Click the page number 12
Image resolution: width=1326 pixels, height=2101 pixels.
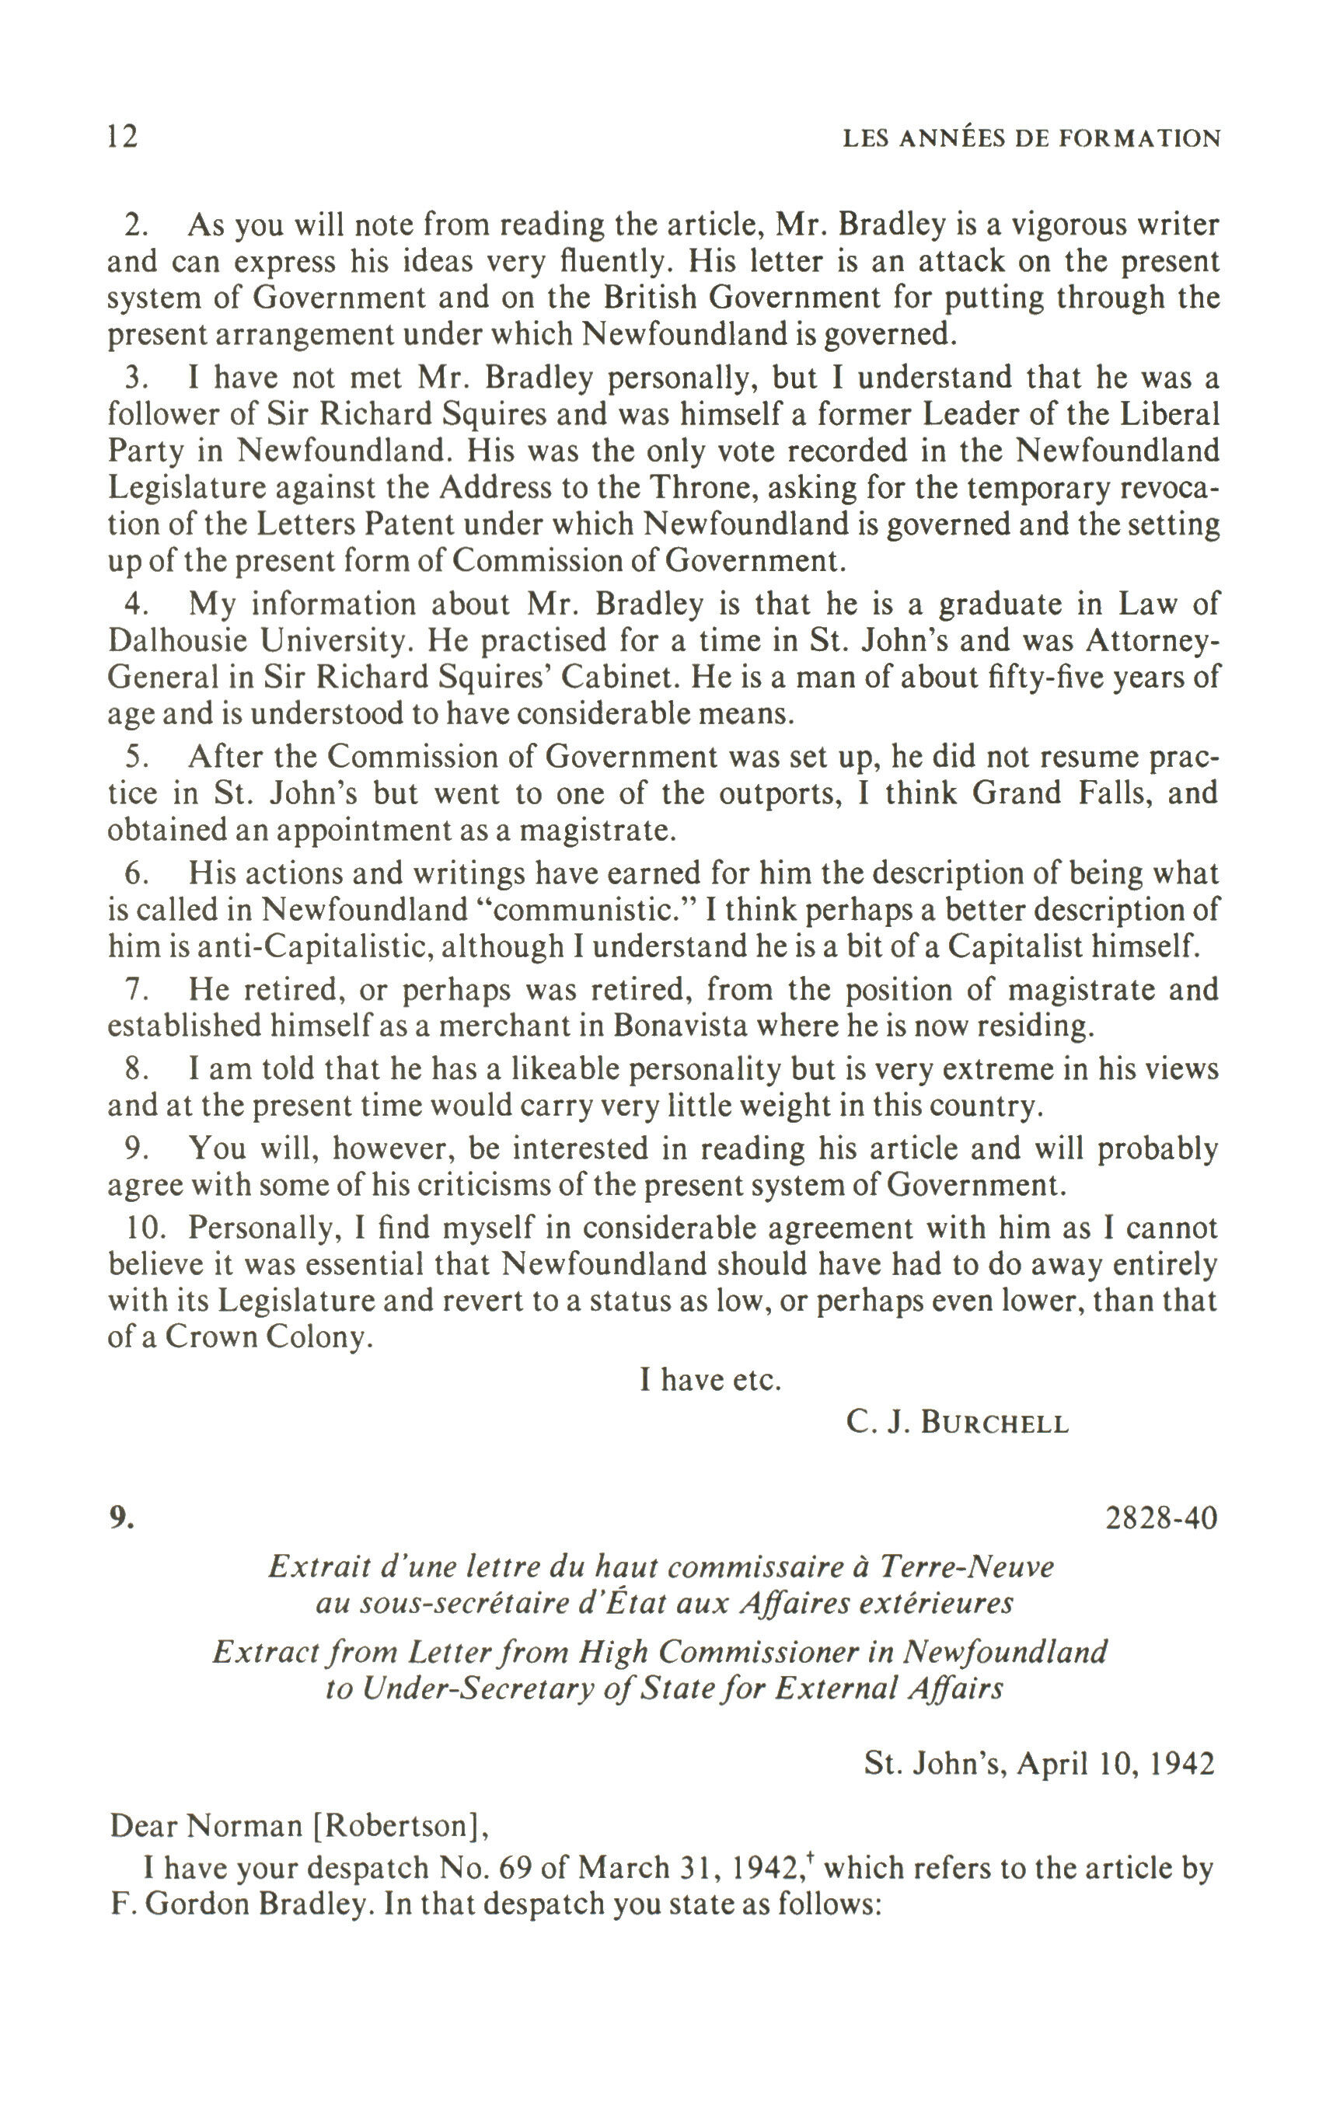coord(122,137)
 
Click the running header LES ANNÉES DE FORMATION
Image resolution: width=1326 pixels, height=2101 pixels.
coord(1031,139)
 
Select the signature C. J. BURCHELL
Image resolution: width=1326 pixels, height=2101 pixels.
coord(957,1423)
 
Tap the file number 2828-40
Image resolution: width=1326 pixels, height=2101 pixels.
coord(1161,1518)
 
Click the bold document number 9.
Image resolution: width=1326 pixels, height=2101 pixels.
coord(121,1518)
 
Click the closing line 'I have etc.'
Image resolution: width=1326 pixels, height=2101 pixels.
coord(710,1379)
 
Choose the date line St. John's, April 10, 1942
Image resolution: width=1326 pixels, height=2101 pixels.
coord(1038,1763)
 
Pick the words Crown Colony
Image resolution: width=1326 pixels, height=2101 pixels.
coord(268,1337)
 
